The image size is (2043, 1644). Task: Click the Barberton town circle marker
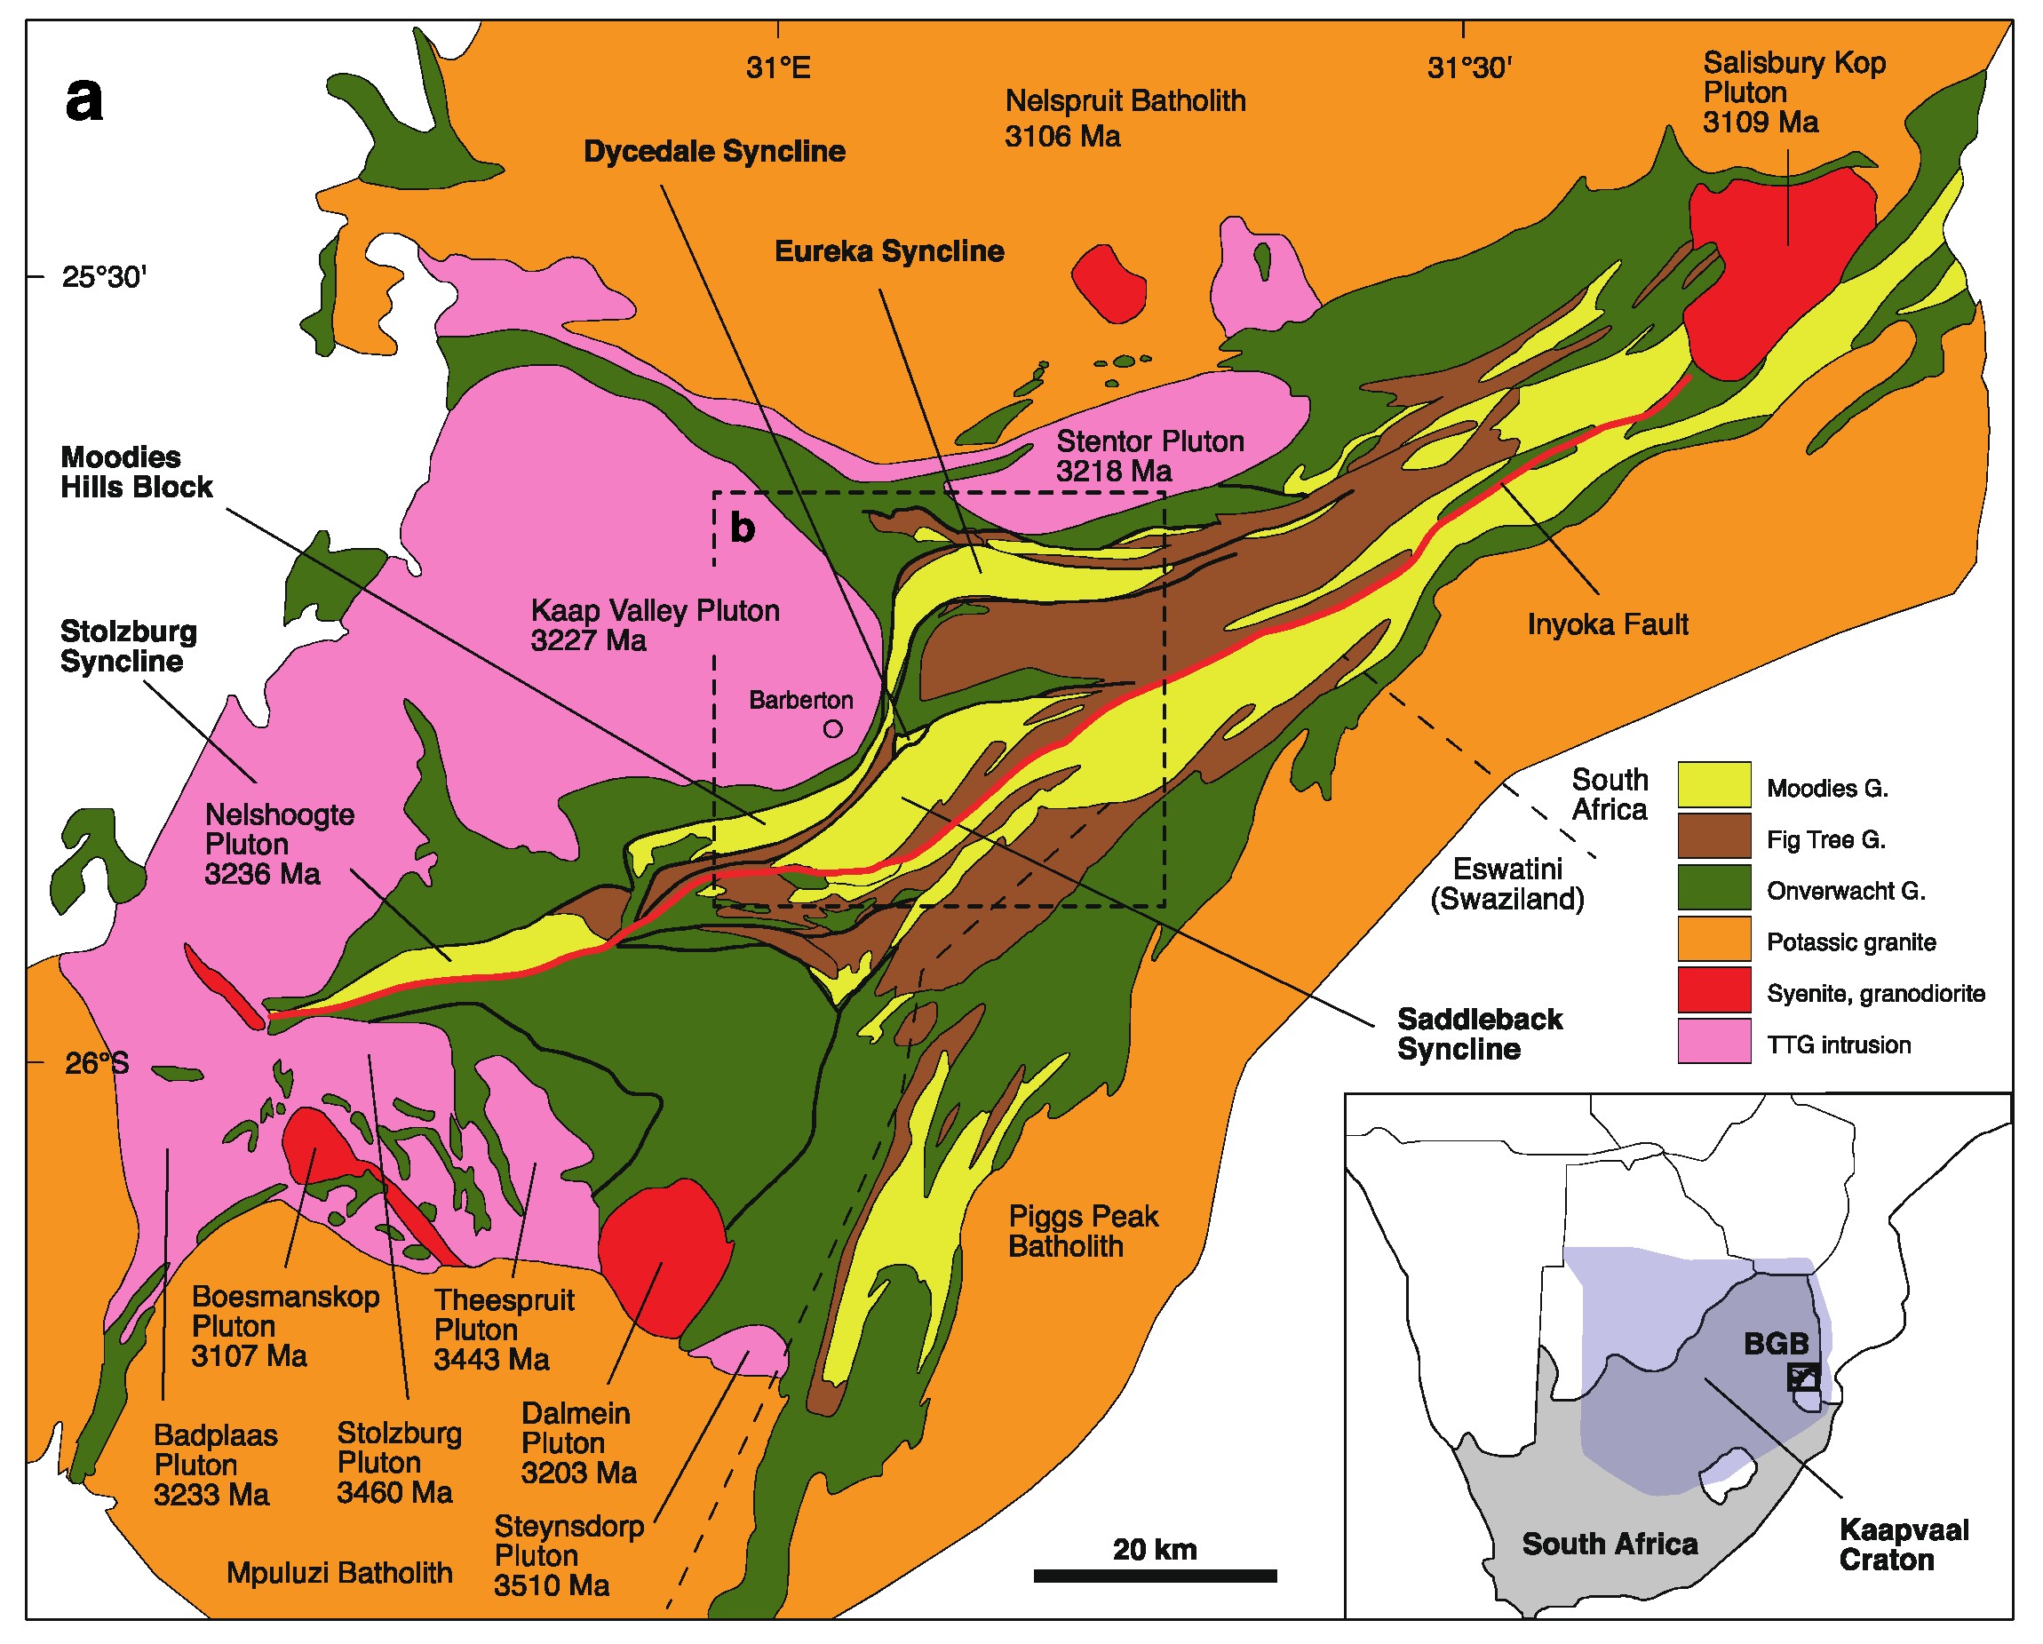(832, 728)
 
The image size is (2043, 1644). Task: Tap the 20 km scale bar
(1154, 1576)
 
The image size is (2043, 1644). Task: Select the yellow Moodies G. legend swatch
(1713, 784)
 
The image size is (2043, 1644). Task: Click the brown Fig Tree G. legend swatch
(1713, 836)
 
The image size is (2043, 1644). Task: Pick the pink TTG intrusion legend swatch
(1713, 1041)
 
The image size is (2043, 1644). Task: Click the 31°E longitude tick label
(778, 68)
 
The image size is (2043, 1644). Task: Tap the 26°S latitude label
(96, 1063)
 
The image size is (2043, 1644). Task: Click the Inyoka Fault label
(1607, 624)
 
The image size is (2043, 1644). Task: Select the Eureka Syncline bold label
(889, 251)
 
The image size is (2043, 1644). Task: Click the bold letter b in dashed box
(742, 528)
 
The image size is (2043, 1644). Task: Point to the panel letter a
(83, 99)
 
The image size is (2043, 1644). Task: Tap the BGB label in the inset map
(1776, 1344)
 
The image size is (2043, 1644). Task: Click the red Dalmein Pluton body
(664, 1256)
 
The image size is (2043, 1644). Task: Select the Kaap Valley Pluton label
(654, 624)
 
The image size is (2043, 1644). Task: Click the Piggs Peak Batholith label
(1082, 1231)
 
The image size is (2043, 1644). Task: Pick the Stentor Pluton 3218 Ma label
(1149, 456)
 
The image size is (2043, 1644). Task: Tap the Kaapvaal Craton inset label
(1903, 1545)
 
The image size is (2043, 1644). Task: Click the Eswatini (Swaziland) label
(1506, 883)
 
